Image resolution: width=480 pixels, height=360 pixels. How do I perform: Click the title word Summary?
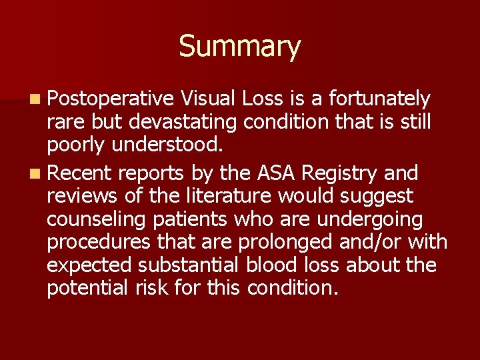239,47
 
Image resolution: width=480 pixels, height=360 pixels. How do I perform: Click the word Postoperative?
110,99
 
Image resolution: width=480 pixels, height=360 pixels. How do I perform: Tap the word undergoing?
366,220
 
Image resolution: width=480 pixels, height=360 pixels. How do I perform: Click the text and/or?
365,243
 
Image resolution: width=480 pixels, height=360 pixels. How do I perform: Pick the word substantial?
189,265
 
